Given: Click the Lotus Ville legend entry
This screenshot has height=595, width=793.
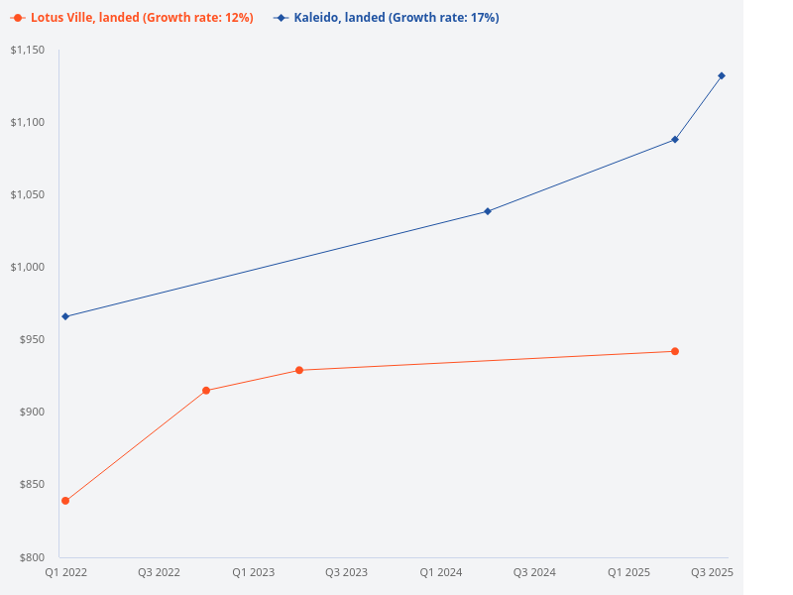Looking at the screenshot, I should click(133, 18).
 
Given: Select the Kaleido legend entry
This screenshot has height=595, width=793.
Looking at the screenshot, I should click(388, 18).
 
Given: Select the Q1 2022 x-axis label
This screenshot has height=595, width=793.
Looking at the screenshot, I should click(65, 572).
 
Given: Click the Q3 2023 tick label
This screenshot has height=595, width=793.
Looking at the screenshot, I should click(347, 572).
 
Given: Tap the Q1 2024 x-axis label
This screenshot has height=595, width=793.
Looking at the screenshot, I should click(441, 572).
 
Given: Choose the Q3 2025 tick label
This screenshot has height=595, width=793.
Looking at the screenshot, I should click(712, 572).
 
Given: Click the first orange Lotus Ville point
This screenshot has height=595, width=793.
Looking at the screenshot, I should click(65, 501).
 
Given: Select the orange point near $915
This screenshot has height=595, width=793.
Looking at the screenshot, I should click(206, 391).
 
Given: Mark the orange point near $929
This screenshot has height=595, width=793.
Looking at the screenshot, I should click(299, 370).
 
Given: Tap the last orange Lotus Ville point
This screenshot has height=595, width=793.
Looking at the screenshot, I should click(675, 351).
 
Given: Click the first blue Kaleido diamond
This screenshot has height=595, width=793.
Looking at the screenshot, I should click(65, 316).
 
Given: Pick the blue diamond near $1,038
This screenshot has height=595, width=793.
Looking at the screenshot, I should click(488, 211).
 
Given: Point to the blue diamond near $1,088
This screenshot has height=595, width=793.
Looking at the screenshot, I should click(675, 139).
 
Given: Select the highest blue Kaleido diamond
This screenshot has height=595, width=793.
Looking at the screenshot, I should click(722, 75).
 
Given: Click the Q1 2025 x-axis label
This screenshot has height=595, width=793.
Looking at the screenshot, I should click(628, 572).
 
